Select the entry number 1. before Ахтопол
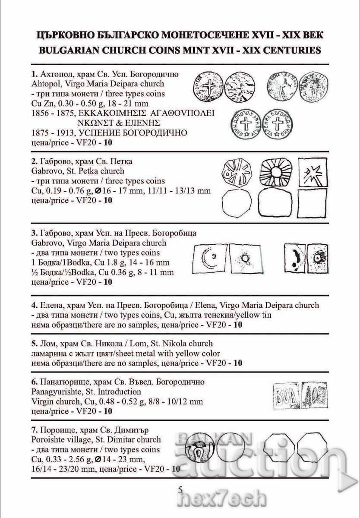(35, 74)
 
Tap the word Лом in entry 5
(47, 344)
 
